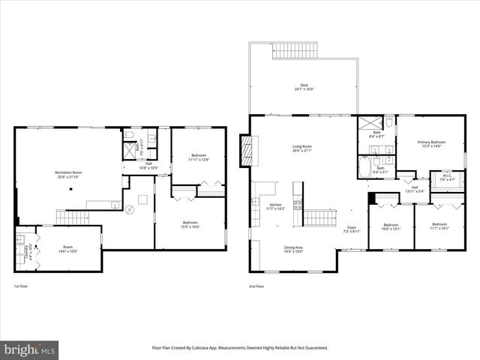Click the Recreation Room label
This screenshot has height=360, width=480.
[68, 173]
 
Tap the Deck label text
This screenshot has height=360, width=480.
[304, 85]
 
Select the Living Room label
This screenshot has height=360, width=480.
[302, 146]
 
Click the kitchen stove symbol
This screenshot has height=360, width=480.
[297, 204]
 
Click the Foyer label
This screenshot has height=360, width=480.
[351, 228]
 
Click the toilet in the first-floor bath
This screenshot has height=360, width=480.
[129, 136]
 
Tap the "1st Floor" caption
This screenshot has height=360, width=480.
[22, 286]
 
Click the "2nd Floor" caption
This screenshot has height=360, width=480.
[257, 286]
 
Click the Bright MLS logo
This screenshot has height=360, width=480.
[30, 349]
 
